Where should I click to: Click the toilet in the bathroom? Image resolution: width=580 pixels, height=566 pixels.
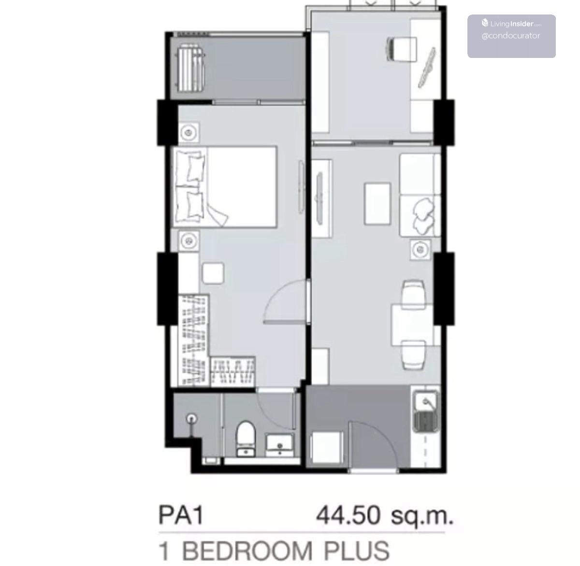click(x=246, y=438)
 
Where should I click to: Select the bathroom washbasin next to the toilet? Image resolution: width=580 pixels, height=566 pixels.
click(x=279, y=445)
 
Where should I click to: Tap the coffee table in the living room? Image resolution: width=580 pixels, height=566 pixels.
click(x=377, y=204)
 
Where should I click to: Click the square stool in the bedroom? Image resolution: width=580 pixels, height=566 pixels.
click(x=213, y=273)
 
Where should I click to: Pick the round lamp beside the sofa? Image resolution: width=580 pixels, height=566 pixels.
click(x=420, y=249)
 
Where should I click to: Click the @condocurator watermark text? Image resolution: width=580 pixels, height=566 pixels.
click(x=511, y=36)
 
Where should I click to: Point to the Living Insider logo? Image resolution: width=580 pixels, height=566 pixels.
click(x=511, y=23)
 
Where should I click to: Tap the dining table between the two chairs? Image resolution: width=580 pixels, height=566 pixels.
click(x=412, y=325)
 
